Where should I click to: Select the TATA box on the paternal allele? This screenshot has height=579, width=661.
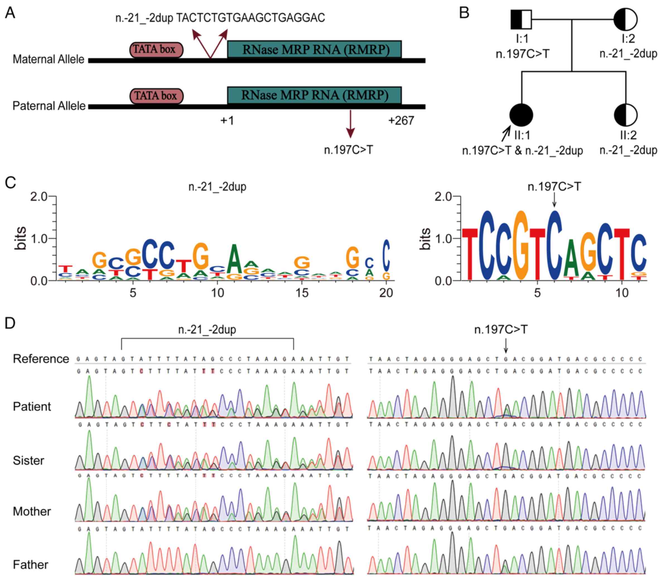(156, 96)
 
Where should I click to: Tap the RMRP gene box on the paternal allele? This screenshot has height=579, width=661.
(314, 95)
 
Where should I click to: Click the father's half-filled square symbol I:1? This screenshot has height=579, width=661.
(521, 20)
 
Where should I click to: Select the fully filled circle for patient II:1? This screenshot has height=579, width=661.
(521, 115)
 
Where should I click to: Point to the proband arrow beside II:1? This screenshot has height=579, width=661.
(506, 133)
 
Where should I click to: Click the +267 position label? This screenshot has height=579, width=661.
(401, 120)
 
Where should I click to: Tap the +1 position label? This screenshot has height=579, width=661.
(227, 120)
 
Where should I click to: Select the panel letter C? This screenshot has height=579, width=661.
(10, 183)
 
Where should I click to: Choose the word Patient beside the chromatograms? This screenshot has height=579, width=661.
(32, 406)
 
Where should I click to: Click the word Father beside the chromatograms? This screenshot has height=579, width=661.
(30, 564)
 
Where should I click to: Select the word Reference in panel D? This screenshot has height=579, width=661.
(41, 359)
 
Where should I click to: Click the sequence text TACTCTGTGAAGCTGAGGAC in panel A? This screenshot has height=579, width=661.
(251, 18)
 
